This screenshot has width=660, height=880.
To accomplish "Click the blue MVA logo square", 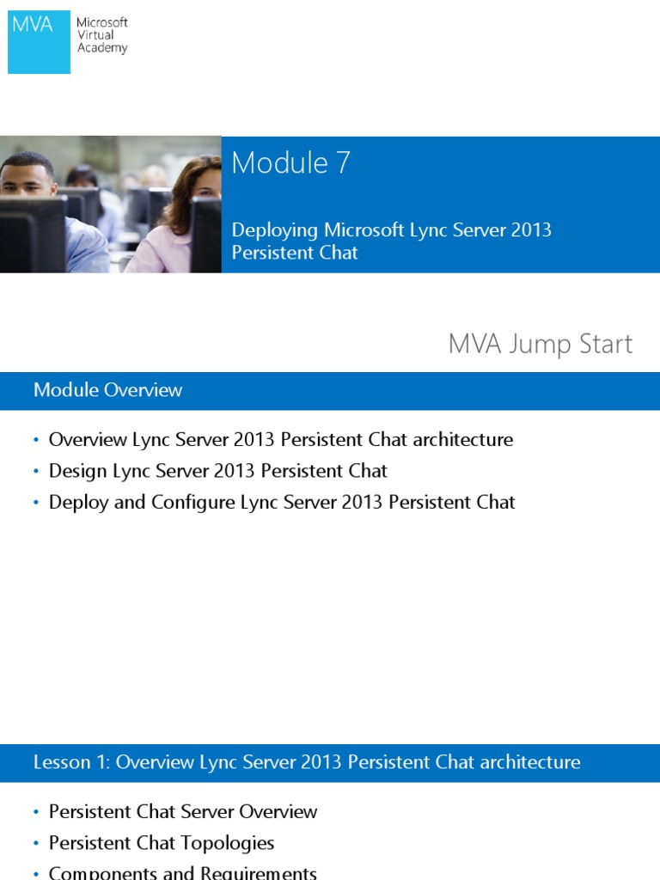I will tap(39, 41).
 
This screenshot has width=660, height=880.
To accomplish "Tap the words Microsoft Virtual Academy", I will tap(101, 35).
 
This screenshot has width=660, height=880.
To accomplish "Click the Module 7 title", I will tap(290, 162).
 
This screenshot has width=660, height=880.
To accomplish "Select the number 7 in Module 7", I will tap(343, 162).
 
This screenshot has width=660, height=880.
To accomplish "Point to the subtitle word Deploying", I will tap(275, 230).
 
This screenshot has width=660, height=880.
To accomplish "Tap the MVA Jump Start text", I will tap(540, 344).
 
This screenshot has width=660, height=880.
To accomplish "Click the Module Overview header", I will tap(107, 390).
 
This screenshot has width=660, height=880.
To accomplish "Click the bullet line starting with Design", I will tap(217, 471).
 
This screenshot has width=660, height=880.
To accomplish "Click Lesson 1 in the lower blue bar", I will tap(71, 762).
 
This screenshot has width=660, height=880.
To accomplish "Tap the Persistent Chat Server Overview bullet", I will tap(183, 811).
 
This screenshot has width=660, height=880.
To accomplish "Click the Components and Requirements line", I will tap(183, 872).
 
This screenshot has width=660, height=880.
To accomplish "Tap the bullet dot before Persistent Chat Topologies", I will tap(36, 844).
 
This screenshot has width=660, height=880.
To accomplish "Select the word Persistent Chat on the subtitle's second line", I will tap(295, 253).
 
